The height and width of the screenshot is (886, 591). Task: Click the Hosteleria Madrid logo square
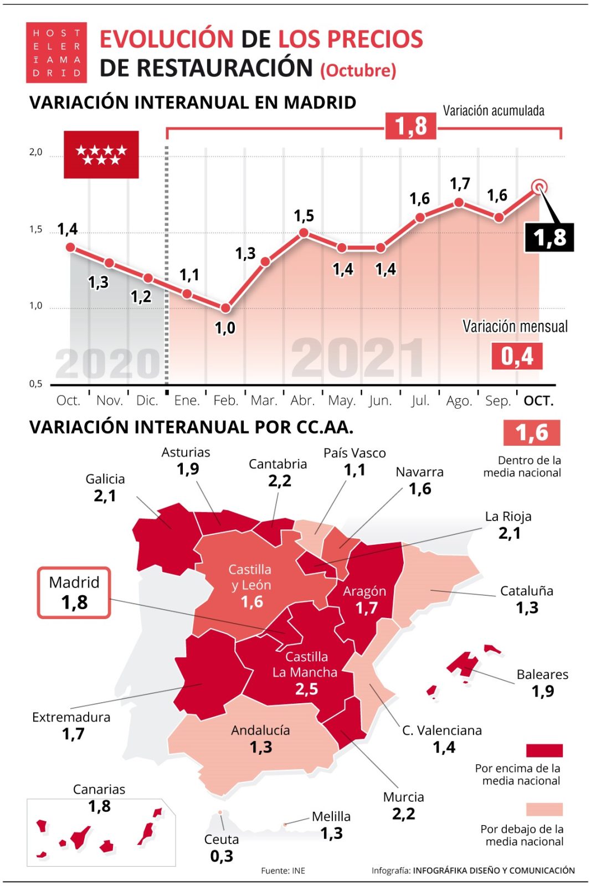56,53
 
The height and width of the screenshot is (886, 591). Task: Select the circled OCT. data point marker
539,187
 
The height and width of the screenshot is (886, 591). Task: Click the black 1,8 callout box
549,238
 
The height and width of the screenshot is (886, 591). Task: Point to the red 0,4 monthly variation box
517,356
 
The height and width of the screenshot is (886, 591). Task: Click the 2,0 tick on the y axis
35,152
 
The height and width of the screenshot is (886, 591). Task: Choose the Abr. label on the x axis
302,400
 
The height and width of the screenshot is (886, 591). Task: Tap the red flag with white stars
101,154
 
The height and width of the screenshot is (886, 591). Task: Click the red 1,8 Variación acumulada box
410,126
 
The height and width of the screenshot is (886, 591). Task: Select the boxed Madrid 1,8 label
74,593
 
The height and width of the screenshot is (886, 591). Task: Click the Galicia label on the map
105,479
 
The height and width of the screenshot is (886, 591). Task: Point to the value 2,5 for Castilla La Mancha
306,689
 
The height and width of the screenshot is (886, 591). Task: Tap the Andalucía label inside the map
260,730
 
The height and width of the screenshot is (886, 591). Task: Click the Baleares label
542,674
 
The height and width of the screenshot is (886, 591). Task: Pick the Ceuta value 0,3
222,856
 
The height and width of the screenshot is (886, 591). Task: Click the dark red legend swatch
544,750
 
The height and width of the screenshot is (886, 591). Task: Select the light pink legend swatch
544,810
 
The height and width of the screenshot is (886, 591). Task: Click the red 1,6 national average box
531,432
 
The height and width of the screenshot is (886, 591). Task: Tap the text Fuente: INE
283,870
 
